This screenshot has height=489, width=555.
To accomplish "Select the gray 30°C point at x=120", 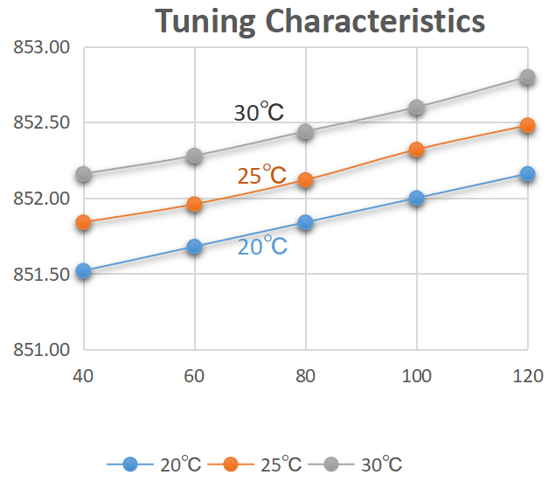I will pyautogui.click(x=526, y=77).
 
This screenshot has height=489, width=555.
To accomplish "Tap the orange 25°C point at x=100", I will pyautogui.click(x=416, y=150).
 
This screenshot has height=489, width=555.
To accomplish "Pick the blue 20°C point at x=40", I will pyautogui.click(x=84, y=271).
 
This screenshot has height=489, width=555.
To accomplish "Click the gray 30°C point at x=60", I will pyautogui.click(x=194, y=157).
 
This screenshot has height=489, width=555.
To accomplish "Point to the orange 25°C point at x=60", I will pyautogui.click(x=194, y=205).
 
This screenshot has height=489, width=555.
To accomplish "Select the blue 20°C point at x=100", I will pyautogui.click(x=416, y=199).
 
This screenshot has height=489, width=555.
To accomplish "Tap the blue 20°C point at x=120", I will pyautogui.click(x=526, y=174).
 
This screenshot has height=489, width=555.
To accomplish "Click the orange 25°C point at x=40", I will pyautogui.click(x=84, y=222).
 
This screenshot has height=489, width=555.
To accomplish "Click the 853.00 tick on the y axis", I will pyautogui.click(x=42, y=47).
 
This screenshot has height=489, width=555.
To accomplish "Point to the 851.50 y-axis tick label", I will pyautogui.click(x=42, y=275).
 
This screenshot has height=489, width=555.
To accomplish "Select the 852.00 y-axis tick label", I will pyautogui.click(x=42, y=199).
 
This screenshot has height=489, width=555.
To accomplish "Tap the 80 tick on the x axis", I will pyautogui.click(x=305, y=375).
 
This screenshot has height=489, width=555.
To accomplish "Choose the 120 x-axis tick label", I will pyautogui.click(x=526, y=375).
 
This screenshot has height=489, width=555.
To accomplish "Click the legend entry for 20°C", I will pyautogui.click(x=155, y=464).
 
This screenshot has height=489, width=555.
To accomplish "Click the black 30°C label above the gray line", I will pyautogui.click(x=259, y=113).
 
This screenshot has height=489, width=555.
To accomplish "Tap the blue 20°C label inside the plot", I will pyautogui.click(x=262, y=247).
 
